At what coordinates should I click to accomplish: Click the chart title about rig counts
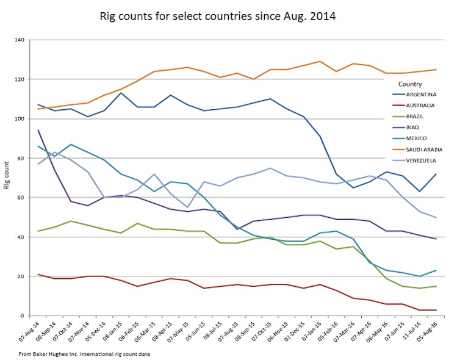click(x=217, y=16)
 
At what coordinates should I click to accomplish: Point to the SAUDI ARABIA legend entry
click(x=421, y=149)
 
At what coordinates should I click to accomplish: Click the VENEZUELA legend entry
click(x=419, y=160)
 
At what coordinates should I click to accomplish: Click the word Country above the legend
click(x=409, y=84)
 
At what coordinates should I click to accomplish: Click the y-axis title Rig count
click(x=7, y=178)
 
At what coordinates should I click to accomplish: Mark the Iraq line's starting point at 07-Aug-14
click(x=38, y=130)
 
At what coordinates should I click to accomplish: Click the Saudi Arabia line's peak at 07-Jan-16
click(x=320, y=61)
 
